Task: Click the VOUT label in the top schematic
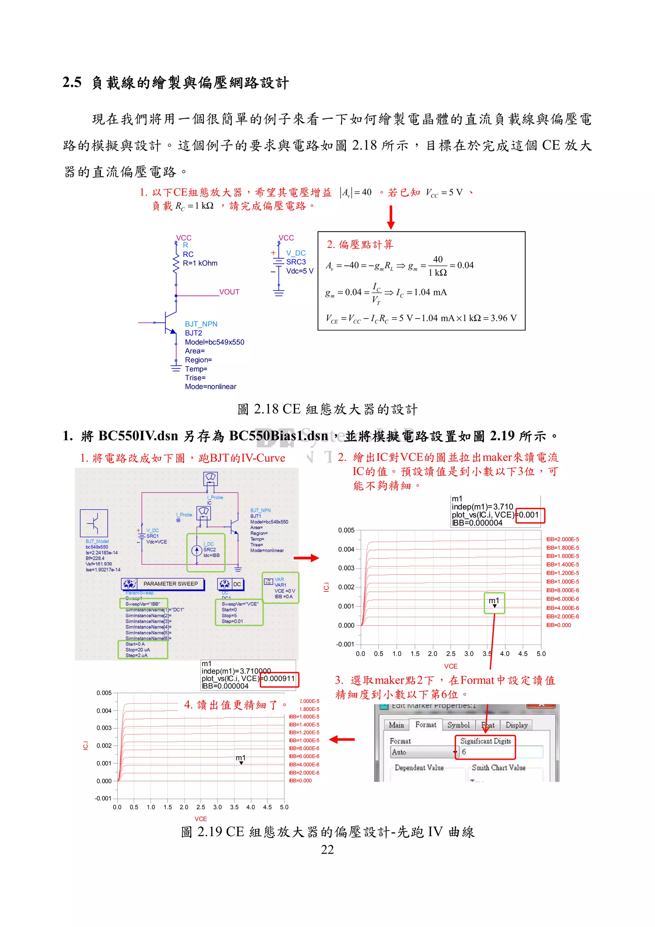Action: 229,292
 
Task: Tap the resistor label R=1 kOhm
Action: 200,263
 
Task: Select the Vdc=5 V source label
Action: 299,271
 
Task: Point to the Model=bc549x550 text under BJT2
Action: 214,342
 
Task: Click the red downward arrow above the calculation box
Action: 391,217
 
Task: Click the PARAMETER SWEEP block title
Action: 170,584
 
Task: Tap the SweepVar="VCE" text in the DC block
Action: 240,604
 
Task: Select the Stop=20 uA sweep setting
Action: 137,650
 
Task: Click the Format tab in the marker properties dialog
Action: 426,725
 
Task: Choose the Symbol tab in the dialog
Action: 458,725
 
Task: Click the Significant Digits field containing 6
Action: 501,752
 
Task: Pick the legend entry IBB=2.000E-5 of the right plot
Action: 562,539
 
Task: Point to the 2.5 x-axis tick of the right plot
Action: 450,654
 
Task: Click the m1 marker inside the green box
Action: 494,602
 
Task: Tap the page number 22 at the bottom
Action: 327,850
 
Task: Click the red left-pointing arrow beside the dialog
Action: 342,739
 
